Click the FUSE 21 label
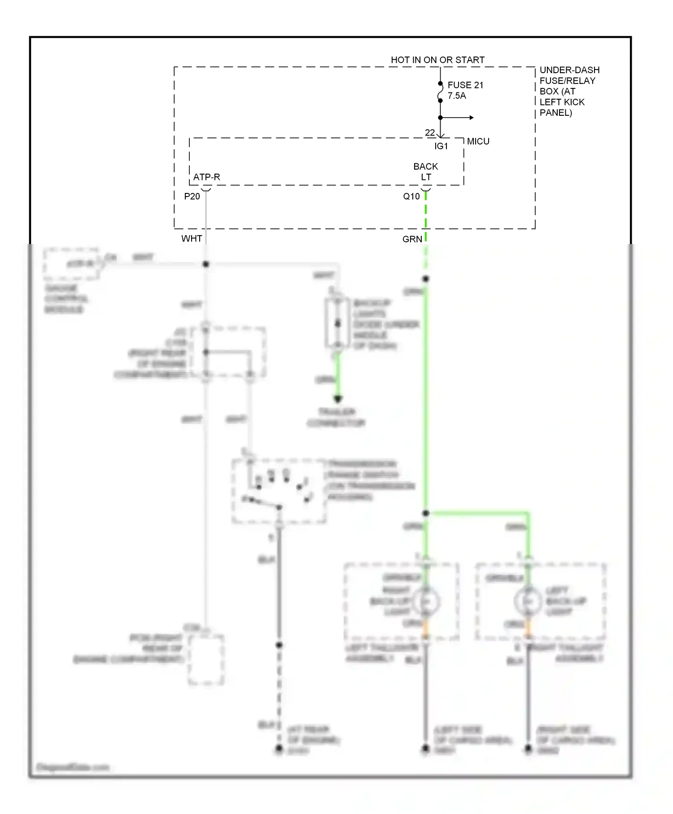(x=465, y=85)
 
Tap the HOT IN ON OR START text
(x=437, y=60)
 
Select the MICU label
(x=478, y=141)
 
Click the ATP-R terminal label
(x=206, y=177)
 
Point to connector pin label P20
(x=192, y=197)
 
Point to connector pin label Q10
(x=411, y=197)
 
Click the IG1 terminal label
(x=441, y=146)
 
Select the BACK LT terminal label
(x=425, y=172)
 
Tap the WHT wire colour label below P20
(x=192, y=239)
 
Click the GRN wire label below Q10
(x=412, y=239)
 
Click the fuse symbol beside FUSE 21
(x=440, y=92)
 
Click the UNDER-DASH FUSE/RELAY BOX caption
(x=568, y=91)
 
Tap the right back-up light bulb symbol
(x=426, y=601)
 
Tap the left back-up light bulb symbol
(x=528, y=601)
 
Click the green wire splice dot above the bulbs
(x=426, y=513)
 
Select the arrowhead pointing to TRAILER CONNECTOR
(x=338, y=398)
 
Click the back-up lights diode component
(x=337, y=324)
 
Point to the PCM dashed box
(x=206, y=660)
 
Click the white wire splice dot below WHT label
(x=206, y=264)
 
